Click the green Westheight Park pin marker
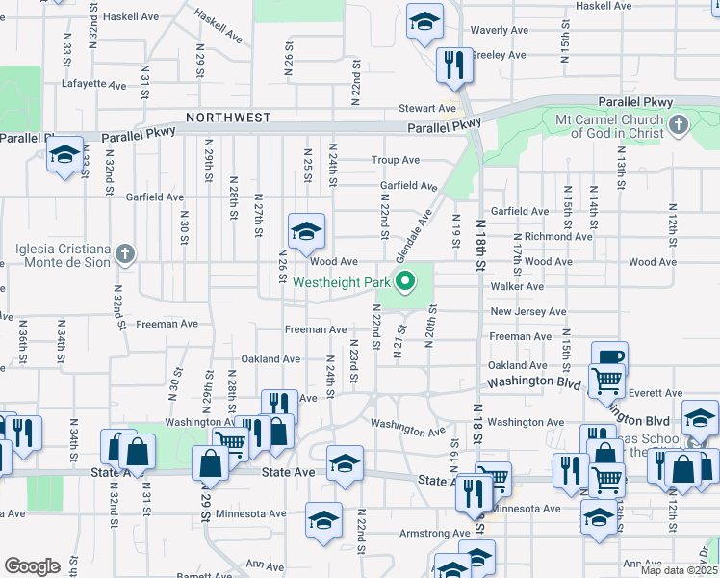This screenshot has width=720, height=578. (x=406, y=282)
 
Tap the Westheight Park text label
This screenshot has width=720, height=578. (x=342, y=283)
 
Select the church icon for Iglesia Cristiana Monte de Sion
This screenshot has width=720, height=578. (x=124, y=254)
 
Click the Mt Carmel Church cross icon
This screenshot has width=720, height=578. (x=679, y=124)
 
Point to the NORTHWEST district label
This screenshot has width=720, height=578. (x=228, y=118)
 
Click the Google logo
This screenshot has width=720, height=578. (x=31, y=566)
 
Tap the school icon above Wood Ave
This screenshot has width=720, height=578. (x=306, y=232)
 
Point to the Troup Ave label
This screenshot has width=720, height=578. (x=397, y=160)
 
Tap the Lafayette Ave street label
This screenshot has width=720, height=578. (x=94, y=85)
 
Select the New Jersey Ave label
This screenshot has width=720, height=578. (x=527, y=312)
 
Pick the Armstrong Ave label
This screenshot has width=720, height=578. (x=435, y=533)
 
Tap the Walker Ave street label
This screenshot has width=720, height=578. (x=518, y=286)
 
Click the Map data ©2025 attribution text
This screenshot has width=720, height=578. (x=679, y=570)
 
